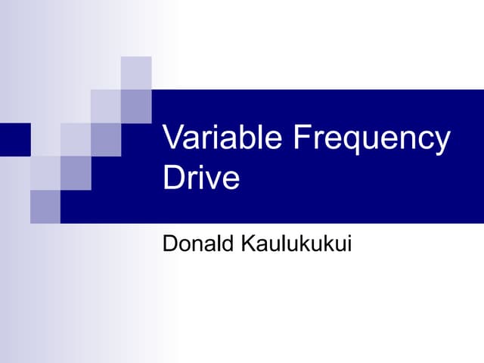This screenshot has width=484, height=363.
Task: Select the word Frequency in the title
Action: coord(371,141)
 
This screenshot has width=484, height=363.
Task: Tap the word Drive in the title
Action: coord(201,178)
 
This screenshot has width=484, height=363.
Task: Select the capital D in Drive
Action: coord(173,178)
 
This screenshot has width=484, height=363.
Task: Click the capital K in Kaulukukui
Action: coord(246,245)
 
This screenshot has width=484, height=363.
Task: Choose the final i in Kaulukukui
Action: coord(349,244)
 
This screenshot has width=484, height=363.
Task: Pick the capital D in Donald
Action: coord(169,245)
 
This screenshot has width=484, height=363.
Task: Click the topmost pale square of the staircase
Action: coord(136,73)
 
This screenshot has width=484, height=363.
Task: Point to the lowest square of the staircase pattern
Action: coord(45,206)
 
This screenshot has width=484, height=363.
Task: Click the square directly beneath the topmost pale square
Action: coord(136,106)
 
